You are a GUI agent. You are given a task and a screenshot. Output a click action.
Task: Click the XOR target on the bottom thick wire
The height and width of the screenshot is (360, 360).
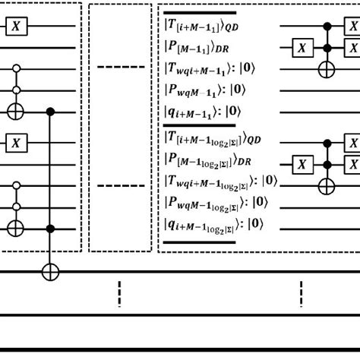(51, 269)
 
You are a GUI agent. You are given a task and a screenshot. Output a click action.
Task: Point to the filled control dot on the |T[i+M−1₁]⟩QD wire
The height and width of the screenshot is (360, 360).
(327, 28)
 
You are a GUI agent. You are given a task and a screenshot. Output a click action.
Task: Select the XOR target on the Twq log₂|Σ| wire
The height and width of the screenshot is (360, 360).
(327, 182)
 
